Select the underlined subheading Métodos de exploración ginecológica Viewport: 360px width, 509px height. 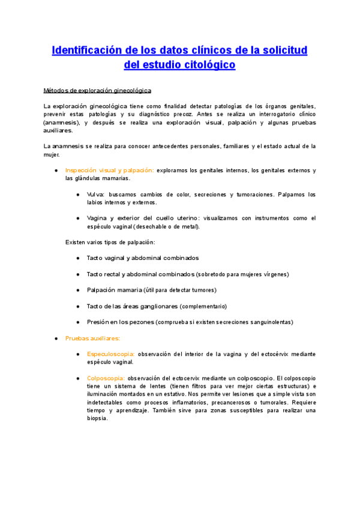point(98,91)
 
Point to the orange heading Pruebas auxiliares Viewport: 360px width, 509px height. point(92,338)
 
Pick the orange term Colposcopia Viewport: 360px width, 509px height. point(106,378)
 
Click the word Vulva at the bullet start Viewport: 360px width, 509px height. point(95,194)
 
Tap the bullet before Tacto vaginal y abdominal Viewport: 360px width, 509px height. point(78,258)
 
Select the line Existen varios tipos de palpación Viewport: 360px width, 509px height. point(110,242)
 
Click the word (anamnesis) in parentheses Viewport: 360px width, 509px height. point(60,122)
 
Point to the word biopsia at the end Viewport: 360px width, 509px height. point(97,418)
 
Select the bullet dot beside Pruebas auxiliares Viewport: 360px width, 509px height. point(56,339)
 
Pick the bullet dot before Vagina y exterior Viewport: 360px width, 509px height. point(78,218)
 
